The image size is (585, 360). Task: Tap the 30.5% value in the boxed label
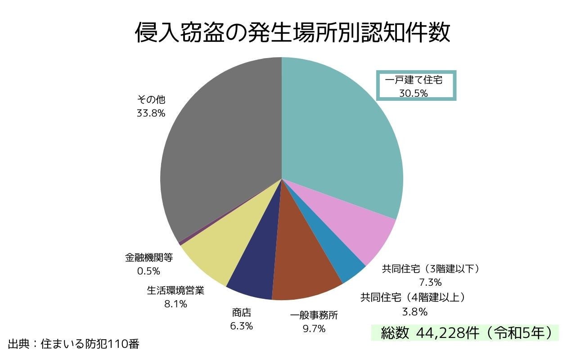pos(413,93)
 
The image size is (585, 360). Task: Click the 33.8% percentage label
pos(151,113)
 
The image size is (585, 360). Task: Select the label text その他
pos(151,100)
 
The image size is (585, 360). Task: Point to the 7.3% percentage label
pos(430,283)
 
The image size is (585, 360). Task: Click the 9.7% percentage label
pos(314,329)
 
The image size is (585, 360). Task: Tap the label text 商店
pos(242,312)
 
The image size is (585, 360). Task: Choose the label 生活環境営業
pos(175,290)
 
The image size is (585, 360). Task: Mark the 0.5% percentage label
pos(148,271)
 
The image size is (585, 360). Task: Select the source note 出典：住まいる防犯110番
pos(74,345)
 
